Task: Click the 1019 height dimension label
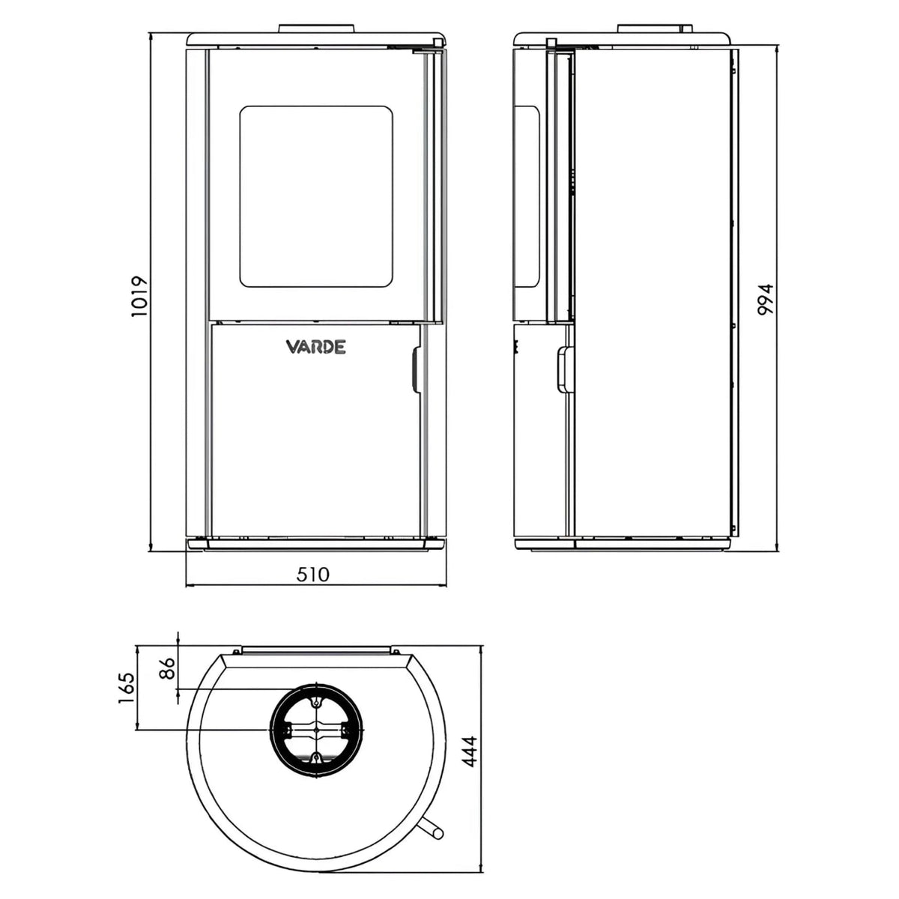[139, 297]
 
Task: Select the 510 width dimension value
[312, 575]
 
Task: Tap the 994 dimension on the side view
[765, 300]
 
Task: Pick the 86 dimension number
[166, 668]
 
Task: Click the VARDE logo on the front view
[316, 347]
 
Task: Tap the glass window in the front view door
[316, 196]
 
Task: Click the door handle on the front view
[414, 372]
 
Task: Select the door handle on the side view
[565, 370]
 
